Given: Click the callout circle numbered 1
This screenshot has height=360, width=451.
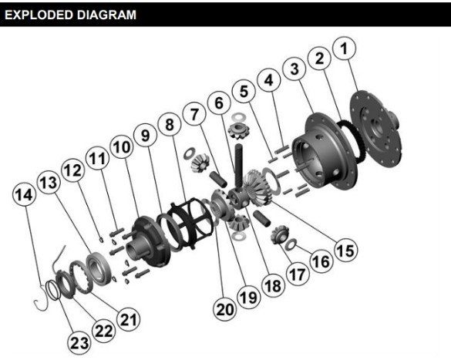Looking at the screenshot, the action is point(345,48).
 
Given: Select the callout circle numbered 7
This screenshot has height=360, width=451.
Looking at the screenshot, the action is point(194,114).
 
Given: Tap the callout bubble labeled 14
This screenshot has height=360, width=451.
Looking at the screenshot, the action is point(25,195).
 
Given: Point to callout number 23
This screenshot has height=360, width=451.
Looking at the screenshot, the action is point(79,343).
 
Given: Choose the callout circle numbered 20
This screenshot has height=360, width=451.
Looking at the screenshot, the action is point(225,309).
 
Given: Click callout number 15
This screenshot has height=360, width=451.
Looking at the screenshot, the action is point(345,250).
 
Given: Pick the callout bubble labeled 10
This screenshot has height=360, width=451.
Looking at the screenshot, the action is point(122,147).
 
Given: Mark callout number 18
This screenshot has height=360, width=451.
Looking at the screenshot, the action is point(273,285).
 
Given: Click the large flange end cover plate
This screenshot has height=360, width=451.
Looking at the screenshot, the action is point(375,129).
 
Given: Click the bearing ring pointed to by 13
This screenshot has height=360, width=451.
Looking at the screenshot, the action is point(99,269).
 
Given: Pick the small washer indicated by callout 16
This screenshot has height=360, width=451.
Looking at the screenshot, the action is point(291,244).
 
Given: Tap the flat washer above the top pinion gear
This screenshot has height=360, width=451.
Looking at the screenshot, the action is point(237,117).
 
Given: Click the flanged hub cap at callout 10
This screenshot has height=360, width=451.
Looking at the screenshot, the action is point(148,242).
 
